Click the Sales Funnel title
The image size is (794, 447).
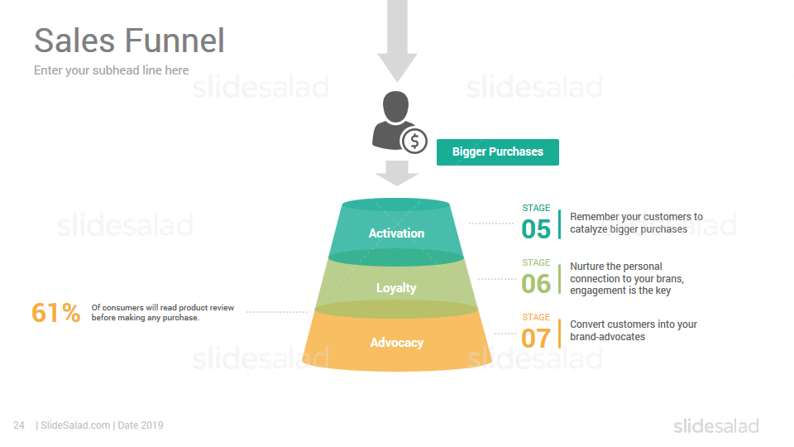(x=129, y=41)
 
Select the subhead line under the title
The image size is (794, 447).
(x=112, y=70)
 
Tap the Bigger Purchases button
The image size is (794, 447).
(x=498, y=152)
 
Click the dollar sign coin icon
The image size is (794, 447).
(x=414, y=142)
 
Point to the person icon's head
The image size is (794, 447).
(x=395, y=107)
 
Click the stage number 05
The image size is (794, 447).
(x=536, y=229)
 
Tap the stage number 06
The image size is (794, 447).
(x=536, y=284)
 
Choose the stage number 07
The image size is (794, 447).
(x=536, y=339)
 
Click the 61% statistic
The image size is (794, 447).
(x=55, y=312)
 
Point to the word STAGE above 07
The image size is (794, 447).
(x=536, y=317)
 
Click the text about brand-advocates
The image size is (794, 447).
(x=634, y=330)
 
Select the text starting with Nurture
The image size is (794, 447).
(x=627, y=278)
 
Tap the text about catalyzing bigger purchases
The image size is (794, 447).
(x=637, y=223)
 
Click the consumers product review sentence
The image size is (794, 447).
(x=163, y=313)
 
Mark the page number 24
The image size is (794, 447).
(x=19, y=425)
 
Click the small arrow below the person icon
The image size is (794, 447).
(x=397, y=173)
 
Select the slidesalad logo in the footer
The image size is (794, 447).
(x=716, y=425)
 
